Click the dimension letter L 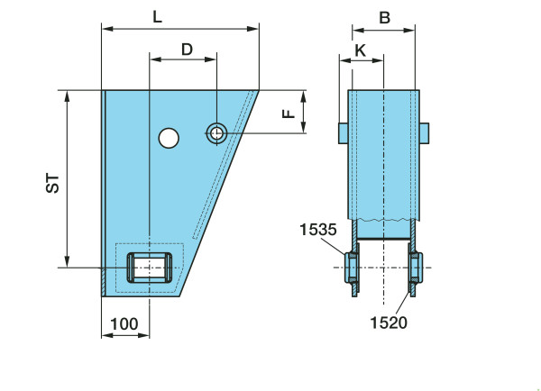[x=157, y=17]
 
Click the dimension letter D [x=187, y=50]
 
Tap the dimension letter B [x=384, y=18]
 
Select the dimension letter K [x=360, y=50]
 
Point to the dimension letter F [x=289, y=114]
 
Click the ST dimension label [x=52, y=184]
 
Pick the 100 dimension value [x=124, y=323]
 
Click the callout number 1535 [x=317, y=230]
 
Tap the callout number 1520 [x=389, y=323]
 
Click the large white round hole [x=169, y=138]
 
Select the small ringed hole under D [x=216, y=133]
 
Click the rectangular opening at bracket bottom [x=150, y=268]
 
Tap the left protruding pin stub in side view [x=343, y=133]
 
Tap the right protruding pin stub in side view [x=425, y=133]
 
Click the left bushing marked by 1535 [x=352, y=268]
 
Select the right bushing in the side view [x=416, y=268]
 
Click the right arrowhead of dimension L [x=253, y=29]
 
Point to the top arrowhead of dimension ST [x=68, y=96]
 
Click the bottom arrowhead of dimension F [x=303, y=127]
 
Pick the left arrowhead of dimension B [x=358, y=31]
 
